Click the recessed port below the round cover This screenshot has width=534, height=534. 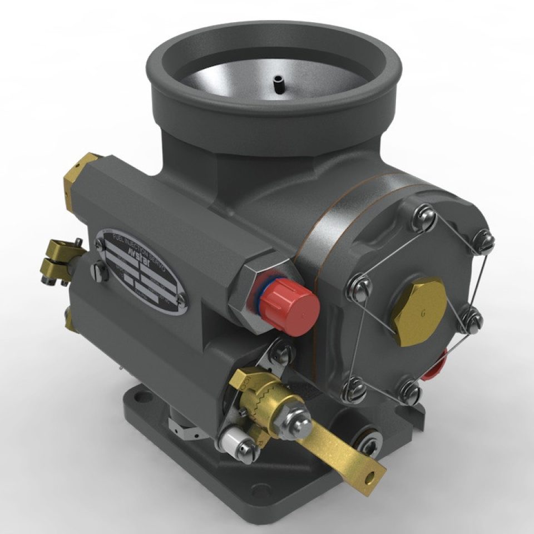[367, 443]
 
